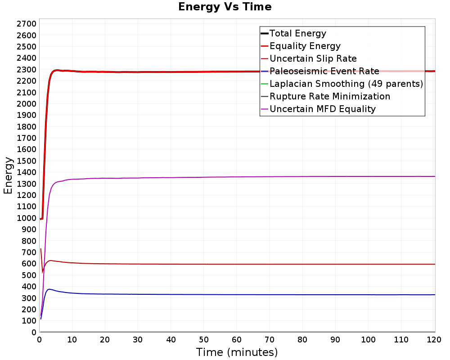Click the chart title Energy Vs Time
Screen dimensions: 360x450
(225, 7)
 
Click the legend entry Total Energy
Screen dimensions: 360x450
(297, 33)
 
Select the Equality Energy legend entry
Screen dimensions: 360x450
(305, 46)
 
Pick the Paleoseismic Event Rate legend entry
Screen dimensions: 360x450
(324, 71)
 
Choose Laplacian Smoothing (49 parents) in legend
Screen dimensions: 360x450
(346, 84)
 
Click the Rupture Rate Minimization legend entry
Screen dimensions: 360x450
(329, 96)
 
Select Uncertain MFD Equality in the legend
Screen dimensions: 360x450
(322, 109)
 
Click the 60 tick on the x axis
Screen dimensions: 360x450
(237, 340)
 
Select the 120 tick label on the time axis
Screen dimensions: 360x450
(434, 340)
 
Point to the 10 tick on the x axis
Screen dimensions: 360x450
(72, 340)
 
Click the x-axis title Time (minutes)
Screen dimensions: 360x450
(237, 352)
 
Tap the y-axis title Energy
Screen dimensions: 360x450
(8, 175)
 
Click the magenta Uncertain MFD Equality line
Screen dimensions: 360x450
(225, 177)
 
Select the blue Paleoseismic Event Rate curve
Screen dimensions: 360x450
(225, 294)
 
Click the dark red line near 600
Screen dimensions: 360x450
(225, 264)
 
